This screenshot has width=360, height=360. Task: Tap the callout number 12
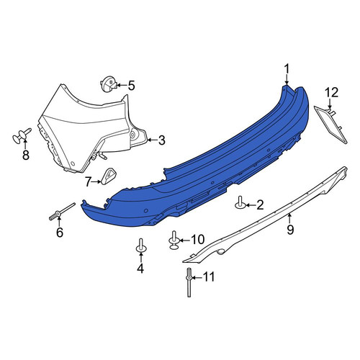point(332,92)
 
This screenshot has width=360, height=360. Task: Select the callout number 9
point(290,230)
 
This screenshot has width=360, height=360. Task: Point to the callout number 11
point(209,277)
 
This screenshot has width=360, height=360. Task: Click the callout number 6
point(60,233)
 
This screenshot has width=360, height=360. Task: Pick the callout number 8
point(26,155)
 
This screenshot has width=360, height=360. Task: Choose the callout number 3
point(162,140)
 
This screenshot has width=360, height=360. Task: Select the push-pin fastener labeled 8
point(22,136)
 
